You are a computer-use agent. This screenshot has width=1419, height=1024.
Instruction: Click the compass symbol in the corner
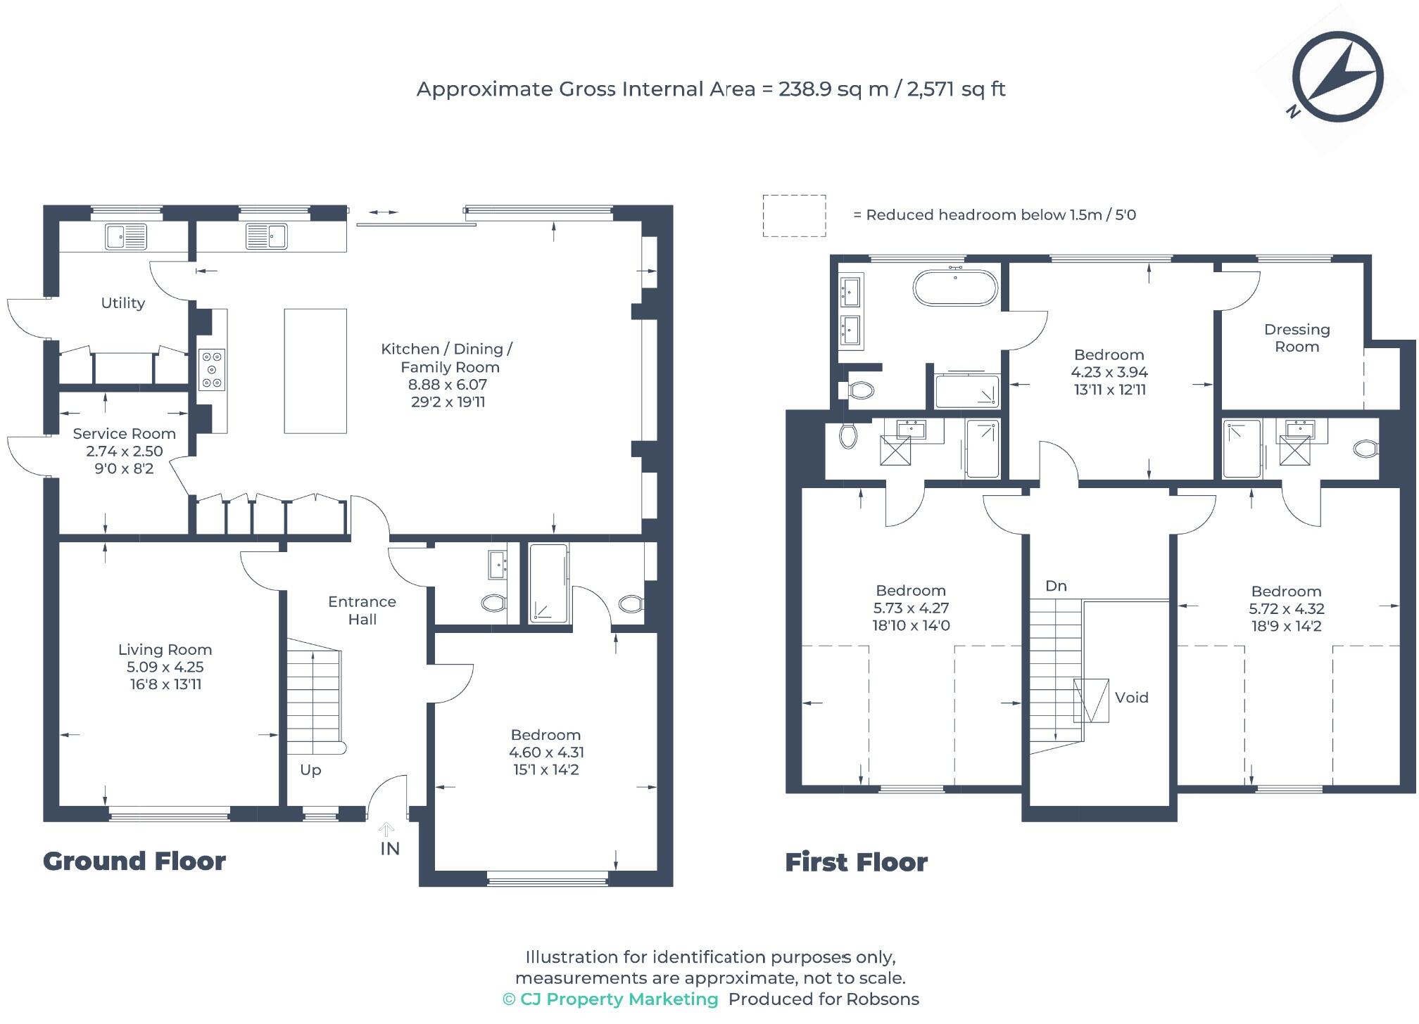[1337, 77]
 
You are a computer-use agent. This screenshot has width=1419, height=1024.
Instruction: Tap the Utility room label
[123, 303]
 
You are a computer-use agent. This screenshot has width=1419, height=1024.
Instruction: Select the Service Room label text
[124, 434]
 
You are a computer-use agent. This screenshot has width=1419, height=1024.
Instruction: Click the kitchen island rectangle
[315, 371]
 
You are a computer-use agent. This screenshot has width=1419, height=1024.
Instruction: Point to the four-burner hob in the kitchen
[212, 369]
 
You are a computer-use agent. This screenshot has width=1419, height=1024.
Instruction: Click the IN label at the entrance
[390, 849]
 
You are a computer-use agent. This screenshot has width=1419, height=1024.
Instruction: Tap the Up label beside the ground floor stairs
[310, 770]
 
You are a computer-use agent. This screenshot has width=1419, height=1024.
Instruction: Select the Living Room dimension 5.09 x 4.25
[165, 667]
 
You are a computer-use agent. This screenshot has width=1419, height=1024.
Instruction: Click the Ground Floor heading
[134, 862]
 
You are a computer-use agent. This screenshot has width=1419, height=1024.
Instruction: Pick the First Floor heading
[856, 862]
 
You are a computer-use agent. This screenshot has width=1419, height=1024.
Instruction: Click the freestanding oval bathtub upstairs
[955, 287]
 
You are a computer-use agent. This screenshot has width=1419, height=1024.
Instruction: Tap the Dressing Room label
[1297, 338]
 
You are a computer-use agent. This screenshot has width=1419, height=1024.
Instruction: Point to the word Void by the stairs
[1132, 698]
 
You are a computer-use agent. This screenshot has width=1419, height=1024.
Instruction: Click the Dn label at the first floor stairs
[1056, 586]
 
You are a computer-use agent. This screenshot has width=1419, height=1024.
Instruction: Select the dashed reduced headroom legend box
[794, 215]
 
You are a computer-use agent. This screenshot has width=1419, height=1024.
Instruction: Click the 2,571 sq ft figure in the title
[957, 89]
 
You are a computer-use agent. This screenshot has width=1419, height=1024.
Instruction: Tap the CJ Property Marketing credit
[610, 999]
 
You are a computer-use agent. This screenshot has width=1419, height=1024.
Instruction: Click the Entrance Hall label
[362, 610]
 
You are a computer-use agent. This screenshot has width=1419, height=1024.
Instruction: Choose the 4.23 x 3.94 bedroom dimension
[1109, 372]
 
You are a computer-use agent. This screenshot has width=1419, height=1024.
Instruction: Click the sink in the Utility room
[126, 237]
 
